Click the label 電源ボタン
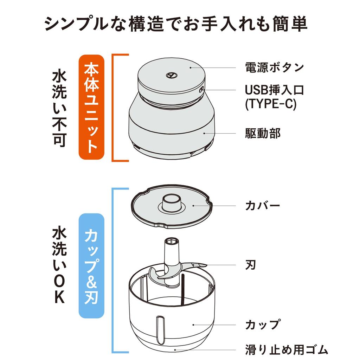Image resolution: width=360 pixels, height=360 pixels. (274, 67)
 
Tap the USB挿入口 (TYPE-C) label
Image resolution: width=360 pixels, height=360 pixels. (274, 97)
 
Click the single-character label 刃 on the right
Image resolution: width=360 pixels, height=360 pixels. (250, 265)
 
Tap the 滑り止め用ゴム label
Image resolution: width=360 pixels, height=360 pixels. (286, 350)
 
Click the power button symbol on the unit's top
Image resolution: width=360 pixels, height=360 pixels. (171, 75)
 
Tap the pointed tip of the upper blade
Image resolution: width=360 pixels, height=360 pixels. (205, 265)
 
